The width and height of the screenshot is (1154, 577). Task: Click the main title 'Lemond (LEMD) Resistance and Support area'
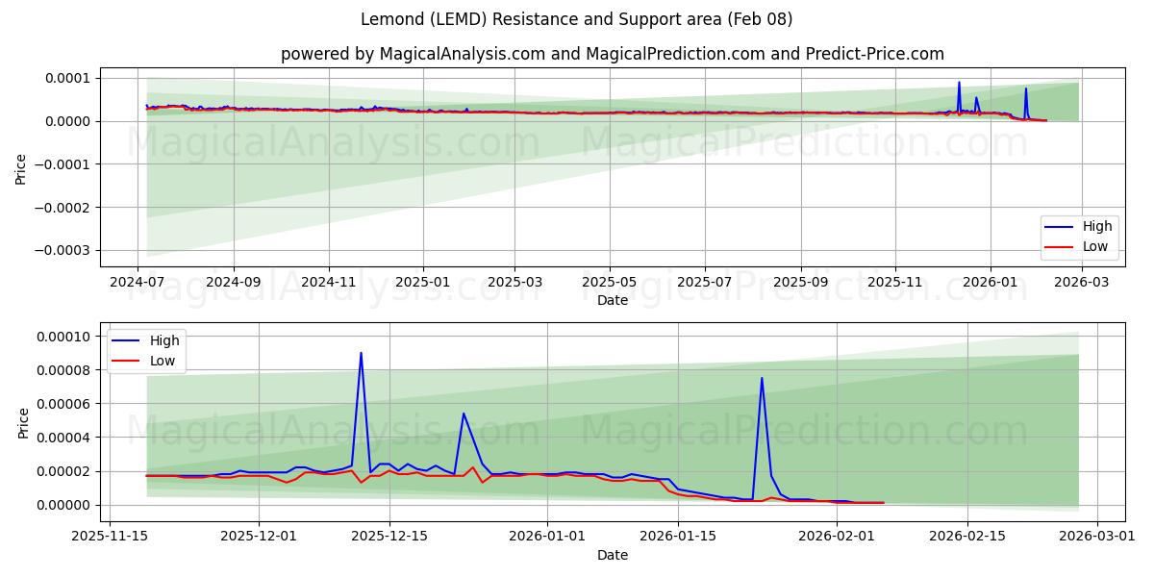577,19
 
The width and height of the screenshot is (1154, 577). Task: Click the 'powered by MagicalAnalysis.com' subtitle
613,54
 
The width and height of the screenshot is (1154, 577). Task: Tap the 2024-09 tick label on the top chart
234,282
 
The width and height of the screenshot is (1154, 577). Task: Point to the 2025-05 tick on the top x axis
609,282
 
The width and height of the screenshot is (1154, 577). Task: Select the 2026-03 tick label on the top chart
1082,282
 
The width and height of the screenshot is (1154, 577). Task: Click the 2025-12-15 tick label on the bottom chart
389,537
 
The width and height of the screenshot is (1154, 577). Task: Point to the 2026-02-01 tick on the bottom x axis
837,537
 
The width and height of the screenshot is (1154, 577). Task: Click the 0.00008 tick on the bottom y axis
62,370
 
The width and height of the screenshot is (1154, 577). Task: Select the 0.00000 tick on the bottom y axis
62,505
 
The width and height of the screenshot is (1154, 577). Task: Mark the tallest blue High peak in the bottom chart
361,353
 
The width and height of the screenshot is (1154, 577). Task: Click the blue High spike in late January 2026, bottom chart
762,378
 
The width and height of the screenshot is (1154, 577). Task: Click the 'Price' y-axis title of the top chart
21,168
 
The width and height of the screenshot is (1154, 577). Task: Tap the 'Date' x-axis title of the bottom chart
613,555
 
